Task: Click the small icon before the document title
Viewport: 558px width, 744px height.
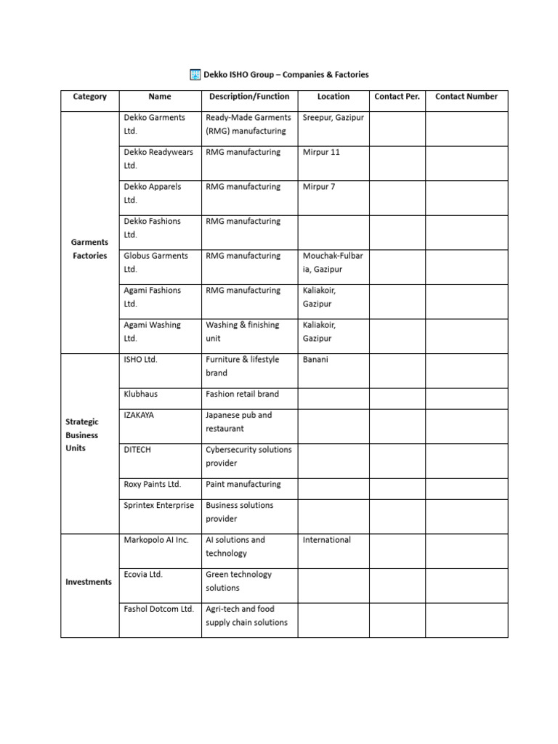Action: point(195,74)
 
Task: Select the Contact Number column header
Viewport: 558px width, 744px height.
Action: point(466,97)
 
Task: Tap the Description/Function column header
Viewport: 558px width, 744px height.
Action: point(248,97)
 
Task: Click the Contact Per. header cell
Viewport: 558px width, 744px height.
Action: point(397,97)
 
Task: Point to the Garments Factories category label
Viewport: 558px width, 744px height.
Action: point(89,249)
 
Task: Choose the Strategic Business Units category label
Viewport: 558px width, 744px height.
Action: point(82,434)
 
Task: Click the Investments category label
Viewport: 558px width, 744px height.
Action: point(89,582)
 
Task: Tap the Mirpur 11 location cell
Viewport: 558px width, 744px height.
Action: point(321,153)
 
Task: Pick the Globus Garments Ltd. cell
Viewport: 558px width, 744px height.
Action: point(155,262)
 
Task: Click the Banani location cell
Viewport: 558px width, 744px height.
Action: point(315,360)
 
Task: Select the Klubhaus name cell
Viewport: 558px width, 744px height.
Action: point(141,395)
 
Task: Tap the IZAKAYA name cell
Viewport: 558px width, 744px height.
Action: point(139,416)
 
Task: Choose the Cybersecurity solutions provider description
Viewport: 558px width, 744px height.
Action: point(248,456)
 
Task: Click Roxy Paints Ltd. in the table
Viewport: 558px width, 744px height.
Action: point(153,485)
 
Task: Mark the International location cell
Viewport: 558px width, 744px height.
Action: point(326,540)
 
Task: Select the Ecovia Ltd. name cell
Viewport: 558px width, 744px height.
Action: point(143,575)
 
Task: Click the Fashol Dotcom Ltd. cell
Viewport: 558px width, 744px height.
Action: point(158,610)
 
